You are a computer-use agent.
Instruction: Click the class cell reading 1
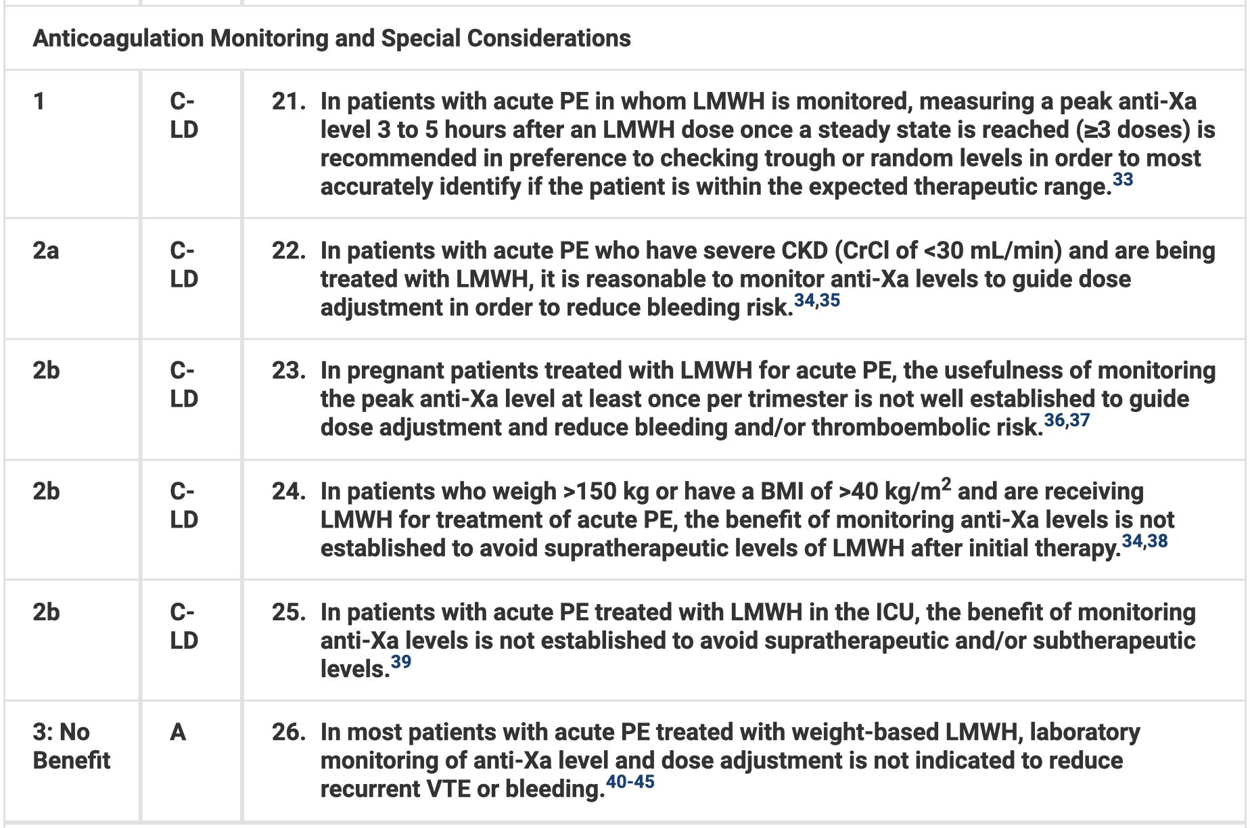pyautogui.click(x=39, y=101)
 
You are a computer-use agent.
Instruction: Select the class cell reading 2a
pyautogui.click(x=45, y=251)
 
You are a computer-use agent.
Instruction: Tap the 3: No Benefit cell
pyautogui.click(x=70, y=746)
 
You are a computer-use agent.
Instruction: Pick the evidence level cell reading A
pyautogui.click(x=178, y=732)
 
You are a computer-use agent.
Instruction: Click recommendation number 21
pyautogui.click(x=287, y=101)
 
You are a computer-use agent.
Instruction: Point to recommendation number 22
pyautogui.click(x=287, y=251)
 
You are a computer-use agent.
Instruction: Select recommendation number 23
pyautogui.click(x=287, y=371)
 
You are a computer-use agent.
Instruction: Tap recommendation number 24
pyautogui.click(x=287, y=491)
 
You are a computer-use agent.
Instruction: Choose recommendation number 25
pyautogui.click(x=287, y=612)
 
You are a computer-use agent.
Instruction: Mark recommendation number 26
pyautogui.click(x=287, y=732)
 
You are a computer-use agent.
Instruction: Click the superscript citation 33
pyautogui.click(x=1123, y=179)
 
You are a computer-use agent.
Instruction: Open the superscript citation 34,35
pyautogui.click(x=817, y=300)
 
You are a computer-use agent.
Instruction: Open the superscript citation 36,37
pyautogui.click(x=1067, y=420)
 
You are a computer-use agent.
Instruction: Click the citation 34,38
pyautogui.click(x=1144, y=541)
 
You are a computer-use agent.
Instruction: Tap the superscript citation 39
pyautogui.click(x=401, y=662)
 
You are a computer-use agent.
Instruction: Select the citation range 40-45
pyautogui.click(x=630, y=782)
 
